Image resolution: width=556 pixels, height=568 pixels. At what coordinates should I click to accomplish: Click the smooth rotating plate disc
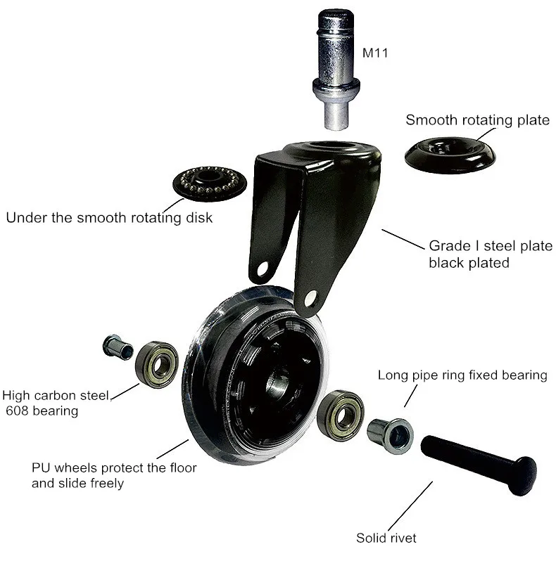[450, 154]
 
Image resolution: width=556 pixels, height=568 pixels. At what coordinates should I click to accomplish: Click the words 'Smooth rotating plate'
[477, 120]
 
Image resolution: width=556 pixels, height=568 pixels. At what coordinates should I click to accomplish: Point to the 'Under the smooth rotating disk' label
[109, 217]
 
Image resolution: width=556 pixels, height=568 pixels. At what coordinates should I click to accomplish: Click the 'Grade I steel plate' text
[491, 247]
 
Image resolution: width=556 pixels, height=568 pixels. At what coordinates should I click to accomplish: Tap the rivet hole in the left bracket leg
[263, 269]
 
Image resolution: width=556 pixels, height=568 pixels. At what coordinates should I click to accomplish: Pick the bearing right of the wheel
[340, 414]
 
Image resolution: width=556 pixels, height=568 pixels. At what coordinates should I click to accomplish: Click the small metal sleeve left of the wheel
[118, 347]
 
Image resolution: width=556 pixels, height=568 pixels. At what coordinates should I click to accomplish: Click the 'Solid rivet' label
[386, 538]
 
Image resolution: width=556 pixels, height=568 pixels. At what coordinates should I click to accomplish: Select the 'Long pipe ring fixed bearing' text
[462, 375]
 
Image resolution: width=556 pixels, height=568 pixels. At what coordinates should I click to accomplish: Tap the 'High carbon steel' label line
[56, 396]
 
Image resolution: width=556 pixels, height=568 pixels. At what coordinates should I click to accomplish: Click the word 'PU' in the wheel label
[41, 467]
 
